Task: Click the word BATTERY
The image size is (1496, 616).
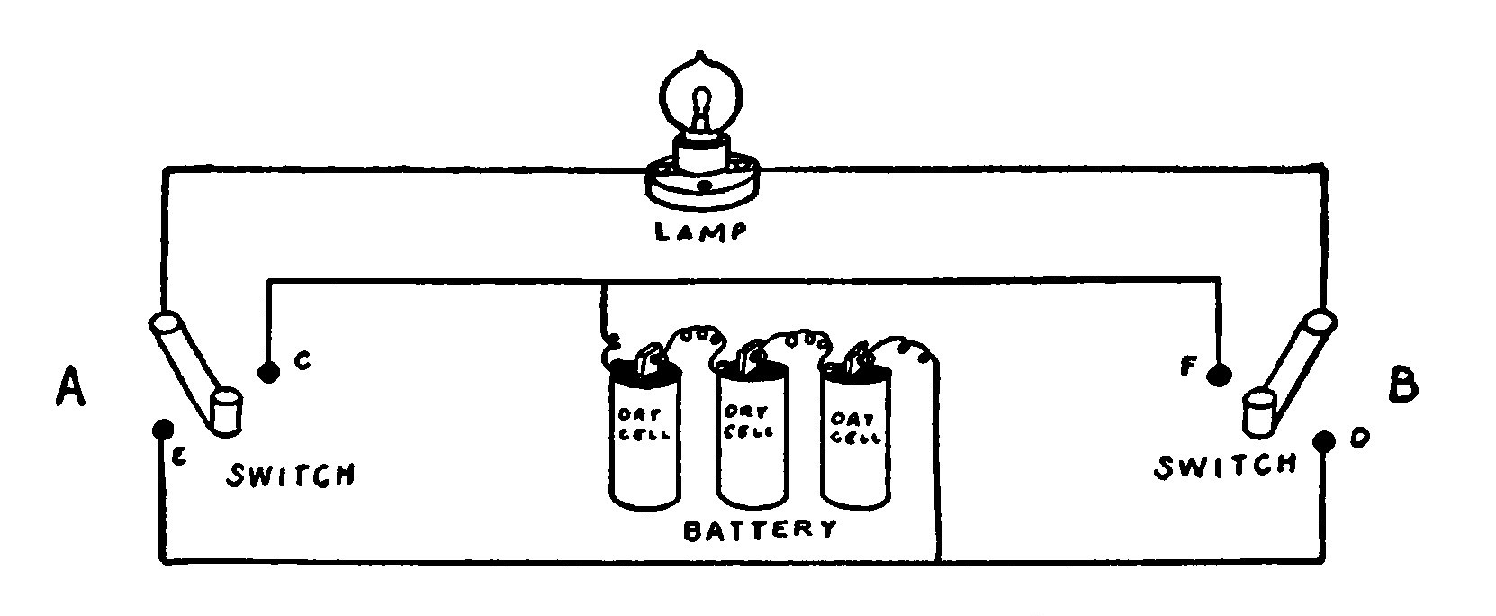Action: pyautogui.click(x=761, y=528)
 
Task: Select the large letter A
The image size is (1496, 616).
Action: pyautogui.click(x=69, y=388)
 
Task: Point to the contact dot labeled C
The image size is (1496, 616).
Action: pyautogui.click(x=266, y=372)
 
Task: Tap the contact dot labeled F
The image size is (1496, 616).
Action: pyautogui.click(x=1219, y=373)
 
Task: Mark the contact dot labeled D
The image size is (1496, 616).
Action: pyautogui.click(x=1323, y=441)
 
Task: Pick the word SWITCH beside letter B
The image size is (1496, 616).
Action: pyautogui.click(x=1226, y=466)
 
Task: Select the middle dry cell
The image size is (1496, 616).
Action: pyautogui.click(x=752, y=437)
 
